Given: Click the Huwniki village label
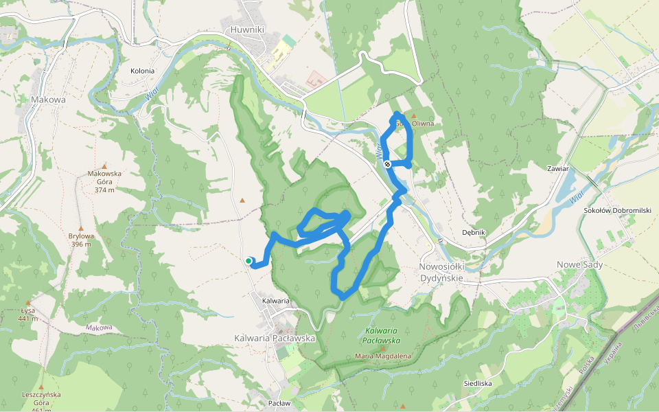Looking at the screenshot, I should tap(248, 30).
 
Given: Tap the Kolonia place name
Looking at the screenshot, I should tap(142, 71).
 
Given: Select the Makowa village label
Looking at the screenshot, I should tap(48, 100).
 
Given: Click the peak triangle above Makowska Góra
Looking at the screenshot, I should tap(104, 165).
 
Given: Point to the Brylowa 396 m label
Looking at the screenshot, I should tap(80, 240).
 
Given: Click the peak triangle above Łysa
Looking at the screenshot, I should tap(28, 302).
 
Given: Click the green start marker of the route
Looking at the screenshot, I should tap(248, 260).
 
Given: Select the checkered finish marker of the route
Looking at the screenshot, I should tap(388, 163).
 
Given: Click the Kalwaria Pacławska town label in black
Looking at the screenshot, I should tap(274, 338).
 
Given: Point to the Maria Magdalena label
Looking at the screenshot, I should tap(382, 356).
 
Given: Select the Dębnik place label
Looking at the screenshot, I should tap(474, 232).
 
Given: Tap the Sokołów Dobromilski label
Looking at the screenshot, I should tap(616, 210).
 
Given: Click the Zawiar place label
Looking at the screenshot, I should tap(557, 168).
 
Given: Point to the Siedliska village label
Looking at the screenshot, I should tap(477, 383).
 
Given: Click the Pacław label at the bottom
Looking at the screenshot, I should tap(279, 403).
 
